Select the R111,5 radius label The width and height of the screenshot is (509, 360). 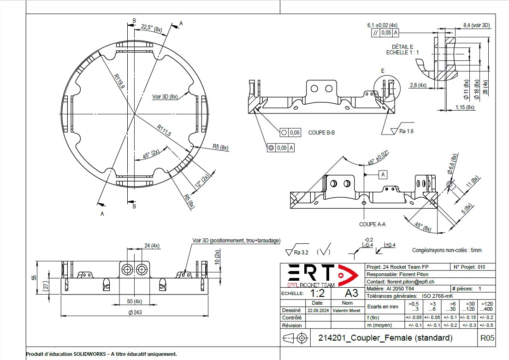(164, 130)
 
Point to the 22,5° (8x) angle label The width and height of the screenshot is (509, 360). (152, 28)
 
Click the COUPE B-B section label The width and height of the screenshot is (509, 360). (321, 133)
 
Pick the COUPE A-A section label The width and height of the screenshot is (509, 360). (372, 224)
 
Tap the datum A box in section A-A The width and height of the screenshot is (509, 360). (383, 175)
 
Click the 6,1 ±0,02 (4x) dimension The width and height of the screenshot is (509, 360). (382, 25)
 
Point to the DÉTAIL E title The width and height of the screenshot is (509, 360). (402, 47)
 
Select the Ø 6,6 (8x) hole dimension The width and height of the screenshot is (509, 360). (452, 164)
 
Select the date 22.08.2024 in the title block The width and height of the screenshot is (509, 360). (317, 311)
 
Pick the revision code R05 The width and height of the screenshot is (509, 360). (487, 338)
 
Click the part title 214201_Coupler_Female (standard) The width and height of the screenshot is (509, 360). (385, 338)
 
